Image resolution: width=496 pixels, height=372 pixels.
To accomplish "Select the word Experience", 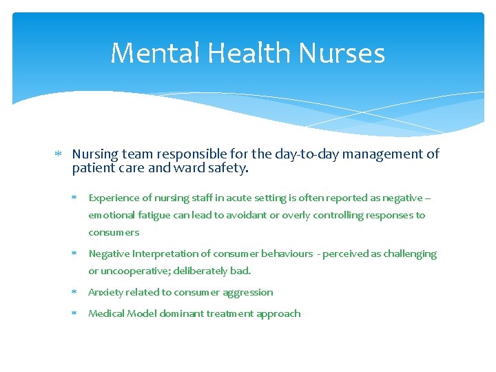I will point(114,198).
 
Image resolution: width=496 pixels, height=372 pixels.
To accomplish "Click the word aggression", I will point(247,292).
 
